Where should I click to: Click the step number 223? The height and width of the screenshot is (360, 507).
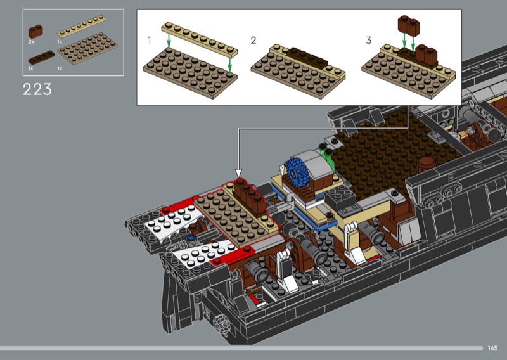pos(37,89)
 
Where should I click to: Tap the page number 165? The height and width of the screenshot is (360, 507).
pos(492,349)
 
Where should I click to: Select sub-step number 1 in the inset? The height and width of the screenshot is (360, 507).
pos(149,41)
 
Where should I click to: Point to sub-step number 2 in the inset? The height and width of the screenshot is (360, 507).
pos(253,41)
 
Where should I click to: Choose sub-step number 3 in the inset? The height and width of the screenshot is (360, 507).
pos(369,41)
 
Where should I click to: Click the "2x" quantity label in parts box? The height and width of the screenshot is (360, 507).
pos(31,42)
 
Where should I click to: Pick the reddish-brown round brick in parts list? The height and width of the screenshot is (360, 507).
pos(35,32)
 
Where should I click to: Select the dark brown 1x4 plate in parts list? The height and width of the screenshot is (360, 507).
pos(41,57)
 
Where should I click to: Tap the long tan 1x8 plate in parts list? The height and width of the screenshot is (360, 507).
pos(82,26)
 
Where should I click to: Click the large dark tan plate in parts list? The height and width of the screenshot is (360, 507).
pos(87,49)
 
